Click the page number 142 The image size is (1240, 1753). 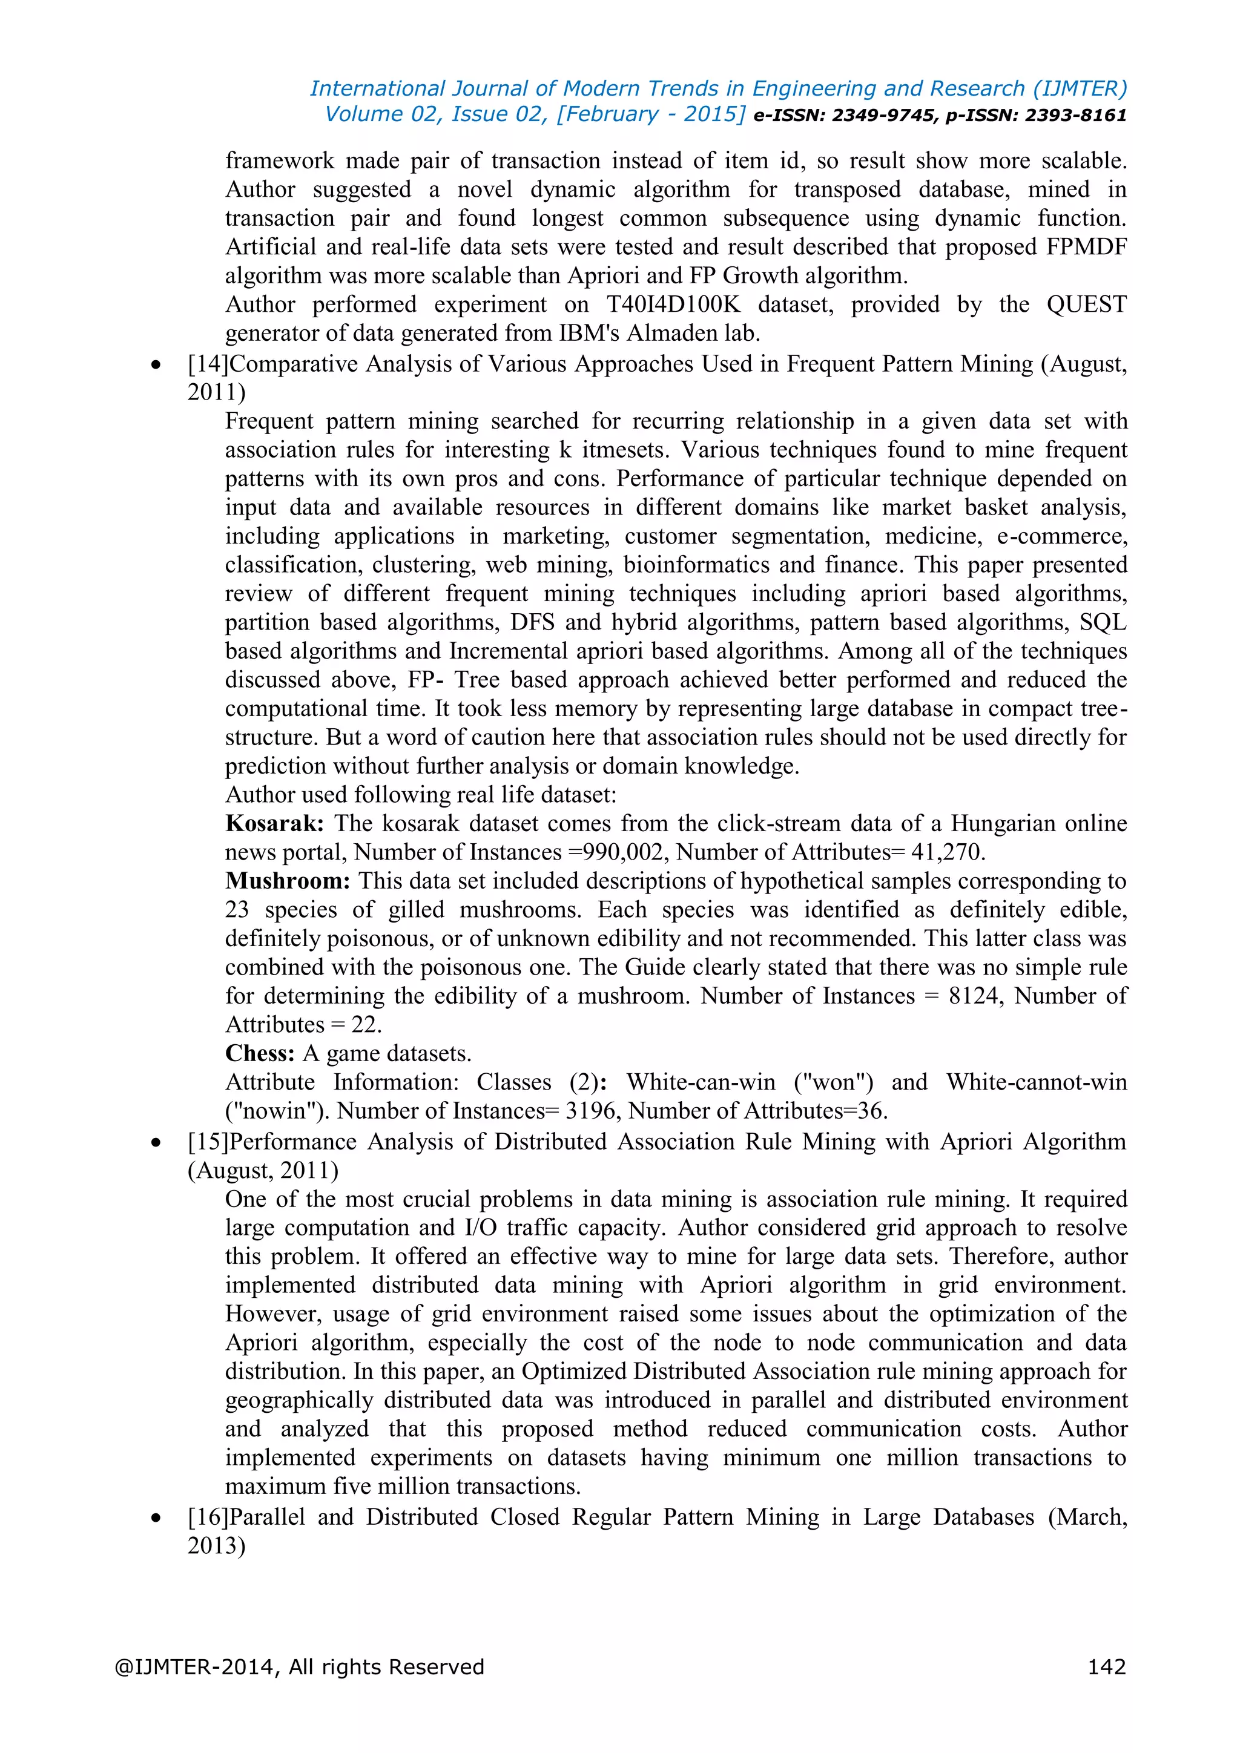click(1106, 1666)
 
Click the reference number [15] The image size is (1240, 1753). click(208, 1142)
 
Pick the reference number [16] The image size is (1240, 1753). click(208, 1516)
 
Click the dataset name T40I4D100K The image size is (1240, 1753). click(673, 304)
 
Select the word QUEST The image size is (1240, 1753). click(1086, 304)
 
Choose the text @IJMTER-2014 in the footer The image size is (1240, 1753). click(196, 1666)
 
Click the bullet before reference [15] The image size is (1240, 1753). click(157, 1143)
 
